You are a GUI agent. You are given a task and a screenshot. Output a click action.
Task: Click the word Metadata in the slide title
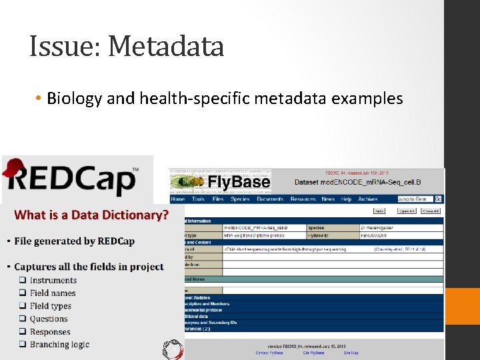165,46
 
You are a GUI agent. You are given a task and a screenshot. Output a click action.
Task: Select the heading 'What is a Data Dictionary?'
91,215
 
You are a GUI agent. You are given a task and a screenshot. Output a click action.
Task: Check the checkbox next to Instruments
23,281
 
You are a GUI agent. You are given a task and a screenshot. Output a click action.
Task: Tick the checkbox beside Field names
23,293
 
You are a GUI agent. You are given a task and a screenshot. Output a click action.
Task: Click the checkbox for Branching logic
23,345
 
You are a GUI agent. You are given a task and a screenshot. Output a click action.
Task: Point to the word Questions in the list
49,319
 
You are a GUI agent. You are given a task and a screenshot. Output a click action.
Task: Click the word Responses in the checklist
50,332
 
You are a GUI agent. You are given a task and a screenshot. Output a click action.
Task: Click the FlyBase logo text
239,182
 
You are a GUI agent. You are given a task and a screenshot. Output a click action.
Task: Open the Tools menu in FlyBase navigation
198,199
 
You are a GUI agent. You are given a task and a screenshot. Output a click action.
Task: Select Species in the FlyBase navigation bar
240,199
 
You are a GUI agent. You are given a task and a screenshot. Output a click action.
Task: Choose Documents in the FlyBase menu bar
270,199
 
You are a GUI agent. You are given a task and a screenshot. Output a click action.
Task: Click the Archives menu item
367,199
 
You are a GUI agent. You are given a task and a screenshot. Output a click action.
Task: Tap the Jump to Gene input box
415,199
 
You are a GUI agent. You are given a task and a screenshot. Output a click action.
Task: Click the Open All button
406,211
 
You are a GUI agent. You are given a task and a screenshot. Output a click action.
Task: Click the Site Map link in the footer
351,353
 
